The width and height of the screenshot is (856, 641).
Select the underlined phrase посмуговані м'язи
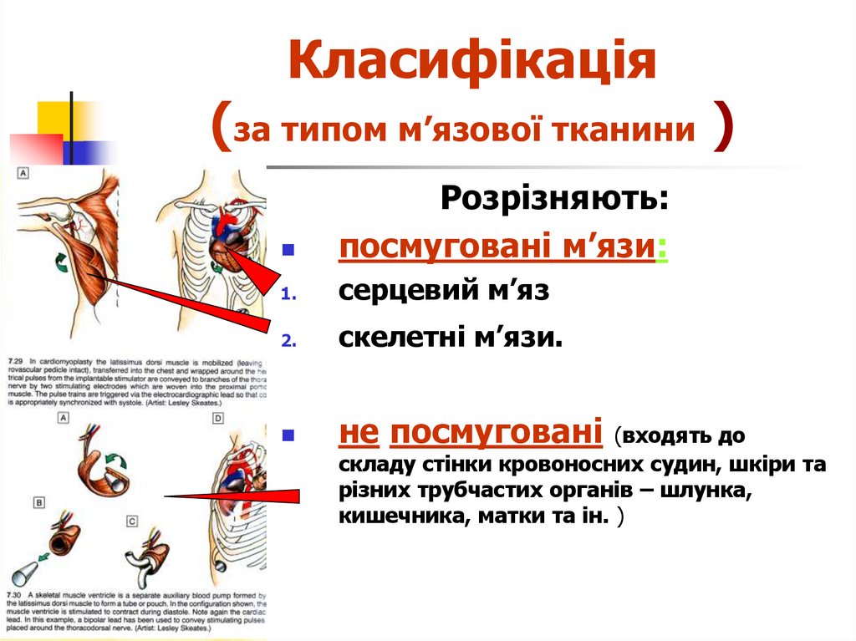[x=496, y=247]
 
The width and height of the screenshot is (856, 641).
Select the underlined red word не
[x=360, y=433]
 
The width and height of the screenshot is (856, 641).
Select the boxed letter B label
[x=39, y=503]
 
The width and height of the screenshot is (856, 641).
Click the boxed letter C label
[x=132, y=521]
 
